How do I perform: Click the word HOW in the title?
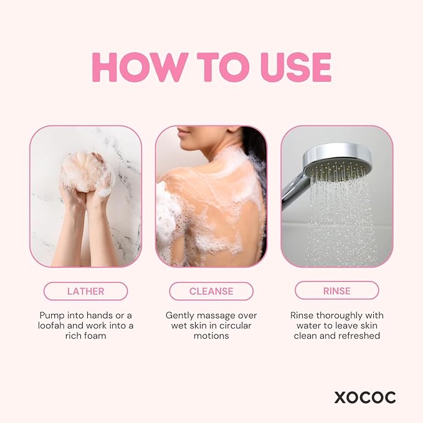point(138,67)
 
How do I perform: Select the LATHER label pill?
point(85,291)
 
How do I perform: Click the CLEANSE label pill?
point(211,291)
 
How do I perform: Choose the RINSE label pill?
point(336,290)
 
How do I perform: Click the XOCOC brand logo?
point(364,397)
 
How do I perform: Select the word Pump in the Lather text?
point(52,315)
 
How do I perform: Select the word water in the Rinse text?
point(305,326)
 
